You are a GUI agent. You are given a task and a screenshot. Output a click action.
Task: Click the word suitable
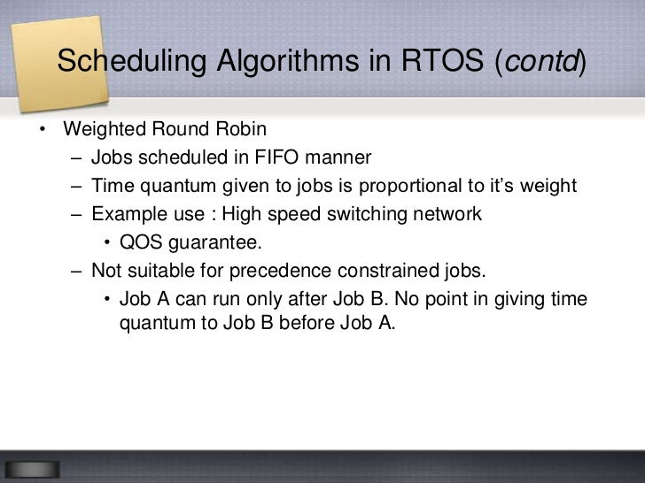pyautogui.click(x=159, y=271)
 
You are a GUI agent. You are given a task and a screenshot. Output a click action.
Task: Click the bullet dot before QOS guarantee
pyautogui.click(x=106, y=243)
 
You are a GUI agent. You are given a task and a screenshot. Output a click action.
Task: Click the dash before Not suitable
pyautogui.click(x=76, y=271)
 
